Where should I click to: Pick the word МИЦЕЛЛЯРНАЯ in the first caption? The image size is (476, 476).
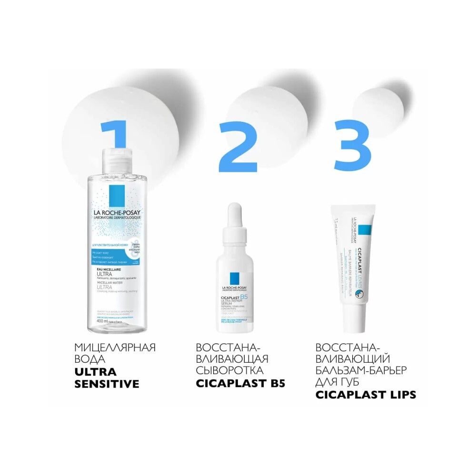[x=115, y=347]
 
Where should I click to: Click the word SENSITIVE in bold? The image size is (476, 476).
[x=107, y=384]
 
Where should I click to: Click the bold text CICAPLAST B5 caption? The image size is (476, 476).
[x=240, y=383]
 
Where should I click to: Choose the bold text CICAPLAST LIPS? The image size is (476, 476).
[x=366, y=395]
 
